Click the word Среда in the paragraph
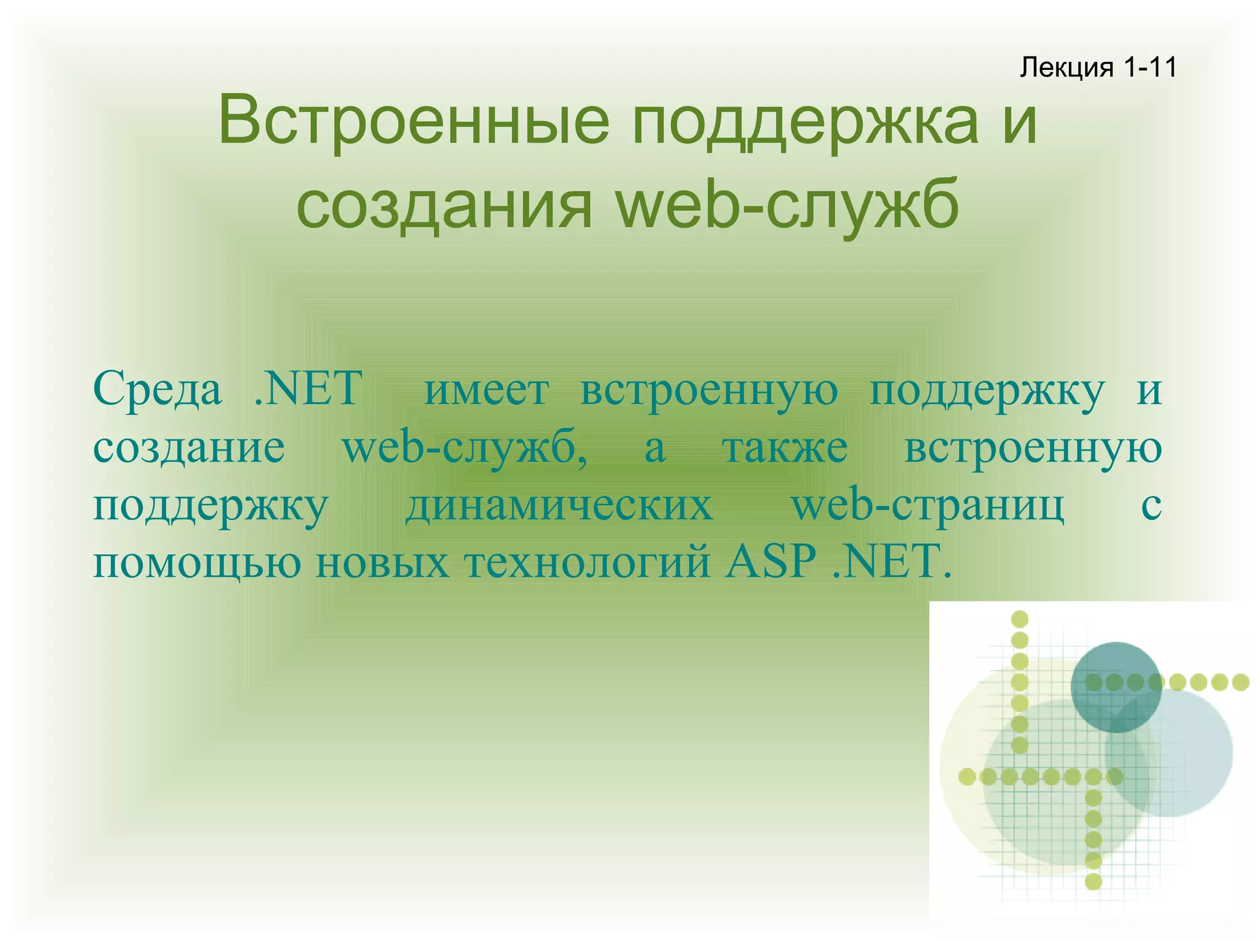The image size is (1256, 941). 157,390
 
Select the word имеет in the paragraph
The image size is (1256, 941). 486,390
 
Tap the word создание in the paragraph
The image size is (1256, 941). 189,448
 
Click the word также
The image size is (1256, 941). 785,448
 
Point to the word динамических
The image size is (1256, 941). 559,506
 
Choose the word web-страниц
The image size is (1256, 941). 928,506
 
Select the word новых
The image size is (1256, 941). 383,562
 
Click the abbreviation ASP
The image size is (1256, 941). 770,561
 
